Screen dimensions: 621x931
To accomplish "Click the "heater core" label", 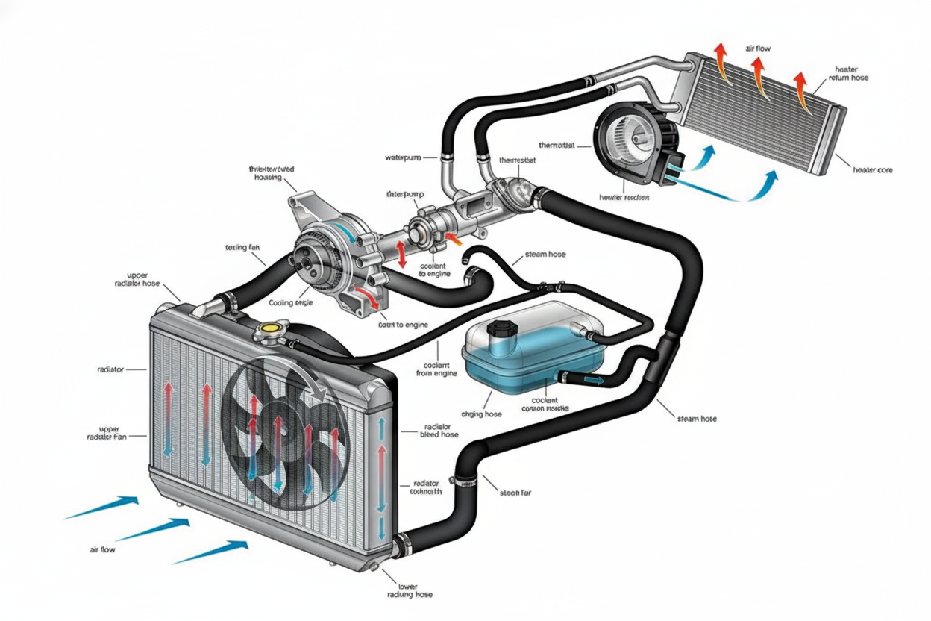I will (x=871, y=170).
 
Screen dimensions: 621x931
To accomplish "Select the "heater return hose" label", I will (x=847, y=73).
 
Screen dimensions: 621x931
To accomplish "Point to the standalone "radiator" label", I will (x=110, y=369).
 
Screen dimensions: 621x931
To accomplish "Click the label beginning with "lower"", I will (x=410, y=590).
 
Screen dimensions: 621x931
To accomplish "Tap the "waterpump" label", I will (x=404, y=157).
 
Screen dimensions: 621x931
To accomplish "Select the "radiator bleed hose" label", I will (x=439, y=430).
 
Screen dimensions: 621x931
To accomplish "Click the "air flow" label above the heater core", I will (x=758, y=49).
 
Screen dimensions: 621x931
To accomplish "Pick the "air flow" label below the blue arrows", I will (x=102, y=549).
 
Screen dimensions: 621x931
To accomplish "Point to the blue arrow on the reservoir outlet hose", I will (x=594, y=379).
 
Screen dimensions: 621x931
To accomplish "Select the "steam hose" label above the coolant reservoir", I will (x=545, y=255).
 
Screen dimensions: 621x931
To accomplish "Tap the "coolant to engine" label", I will (x=433, y=269).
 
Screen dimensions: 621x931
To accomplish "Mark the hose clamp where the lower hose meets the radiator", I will (x=403, y=545).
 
